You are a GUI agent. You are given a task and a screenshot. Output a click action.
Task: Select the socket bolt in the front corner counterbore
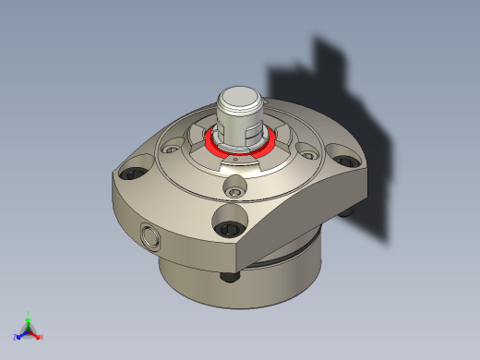pos(228,225)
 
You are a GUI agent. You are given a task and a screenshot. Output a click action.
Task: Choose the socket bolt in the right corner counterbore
pos(345,163)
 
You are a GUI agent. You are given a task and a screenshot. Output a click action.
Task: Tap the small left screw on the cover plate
pos(169,147)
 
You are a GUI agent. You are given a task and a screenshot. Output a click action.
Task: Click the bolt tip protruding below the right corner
pos(347,211)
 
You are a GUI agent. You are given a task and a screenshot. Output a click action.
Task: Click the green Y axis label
pos(30,314)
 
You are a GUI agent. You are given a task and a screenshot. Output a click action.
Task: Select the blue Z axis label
pos(17,336)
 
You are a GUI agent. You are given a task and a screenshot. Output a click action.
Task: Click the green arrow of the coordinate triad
pos(29,322)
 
